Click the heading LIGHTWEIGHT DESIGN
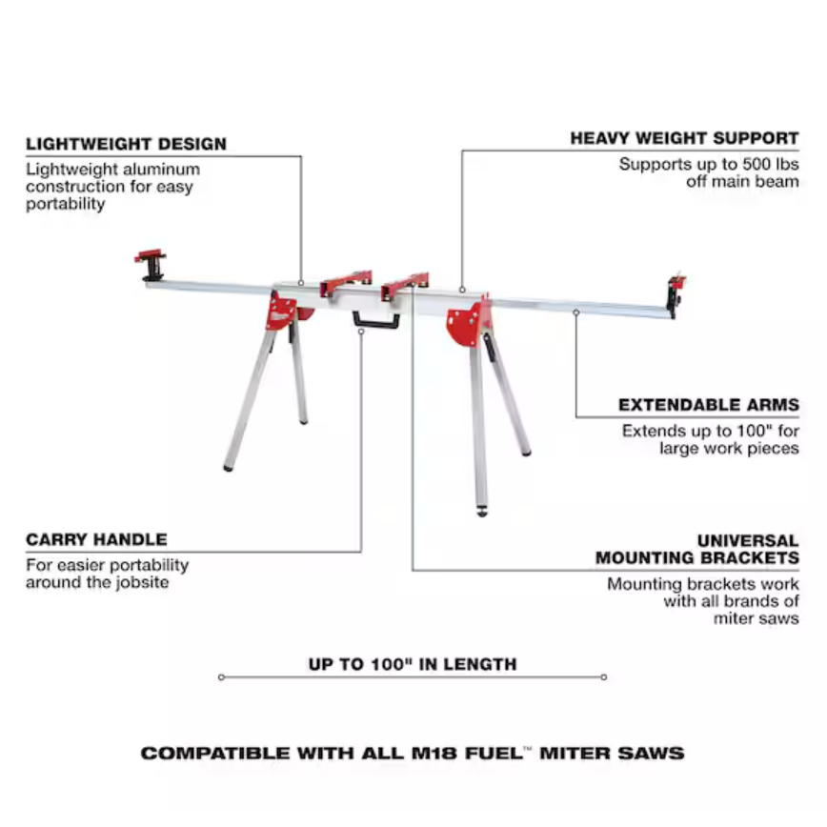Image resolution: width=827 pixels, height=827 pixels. tap(126, 144)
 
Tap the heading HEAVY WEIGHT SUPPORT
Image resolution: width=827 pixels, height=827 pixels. tap(685, 138)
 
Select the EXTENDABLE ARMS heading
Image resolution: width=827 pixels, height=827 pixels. tap(709, 405)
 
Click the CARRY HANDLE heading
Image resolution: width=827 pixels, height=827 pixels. tap(96, 539)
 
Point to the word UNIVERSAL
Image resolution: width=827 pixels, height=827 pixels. tap(748, 540)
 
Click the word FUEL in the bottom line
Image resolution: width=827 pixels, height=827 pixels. tap(494, 753)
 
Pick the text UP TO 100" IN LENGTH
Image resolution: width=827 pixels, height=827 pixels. tap(413, 664)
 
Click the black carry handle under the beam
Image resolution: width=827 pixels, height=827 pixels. tap(376, 320)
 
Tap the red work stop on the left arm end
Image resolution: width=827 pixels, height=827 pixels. tap(151, 264)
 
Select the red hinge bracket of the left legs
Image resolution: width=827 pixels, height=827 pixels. tap(282, 311)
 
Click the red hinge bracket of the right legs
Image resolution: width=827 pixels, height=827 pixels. tap(468, 322)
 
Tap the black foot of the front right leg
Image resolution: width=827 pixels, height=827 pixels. tap(481, 511)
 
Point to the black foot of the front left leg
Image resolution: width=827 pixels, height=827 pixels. tap(228, 467)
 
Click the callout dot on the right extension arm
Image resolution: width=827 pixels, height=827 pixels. tap(575, 313)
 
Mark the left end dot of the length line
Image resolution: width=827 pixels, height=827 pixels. tap(221, 677)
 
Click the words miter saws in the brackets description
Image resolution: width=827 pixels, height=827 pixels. tap(756, 618)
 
